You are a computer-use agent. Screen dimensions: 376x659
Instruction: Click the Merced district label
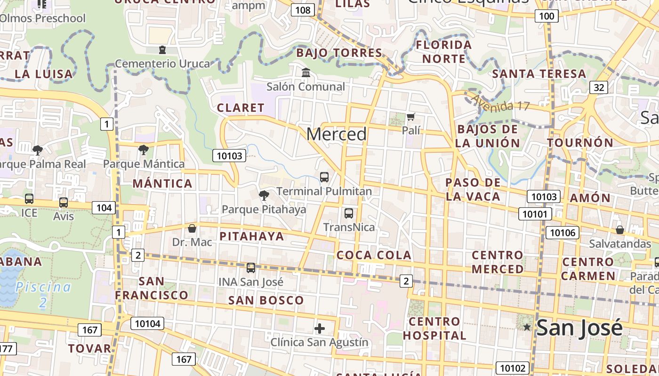[337, 134]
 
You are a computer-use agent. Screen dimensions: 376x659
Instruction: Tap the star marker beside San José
[527, 327]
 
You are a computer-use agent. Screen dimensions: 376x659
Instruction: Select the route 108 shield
[303, 10]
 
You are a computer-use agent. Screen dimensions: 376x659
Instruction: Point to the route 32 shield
[599, 87]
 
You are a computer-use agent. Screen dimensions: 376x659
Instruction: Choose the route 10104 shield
[148, 323]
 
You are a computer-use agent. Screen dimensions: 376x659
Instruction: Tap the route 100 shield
[546, 16]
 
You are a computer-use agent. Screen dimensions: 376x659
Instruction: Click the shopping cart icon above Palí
[411, 117]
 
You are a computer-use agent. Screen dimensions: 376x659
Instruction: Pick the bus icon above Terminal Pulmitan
[324, 177]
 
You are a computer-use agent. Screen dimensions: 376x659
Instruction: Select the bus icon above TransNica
[349, 213]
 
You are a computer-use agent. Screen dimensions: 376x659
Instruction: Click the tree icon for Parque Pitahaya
[264, 195]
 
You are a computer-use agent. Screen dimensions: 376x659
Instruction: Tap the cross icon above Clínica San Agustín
[320, 328]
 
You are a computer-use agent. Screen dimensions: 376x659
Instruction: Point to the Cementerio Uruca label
[162, 63]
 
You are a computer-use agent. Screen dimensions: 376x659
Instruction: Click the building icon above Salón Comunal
[306, 73]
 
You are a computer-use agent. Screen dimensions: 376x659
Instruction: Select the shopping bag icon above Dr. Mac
[192, 229]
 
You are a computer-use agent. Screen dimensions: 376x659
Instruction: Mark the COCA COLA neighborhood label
[374, 255]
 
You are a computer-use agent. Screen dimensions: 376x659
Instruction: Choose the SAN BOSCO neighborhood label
[266, 300]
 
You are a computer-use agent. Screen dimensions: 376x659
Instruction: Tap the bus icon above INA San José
[251, 268]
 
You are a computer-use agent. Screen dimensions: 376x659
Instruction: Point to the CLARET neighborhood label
[241, 108]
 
